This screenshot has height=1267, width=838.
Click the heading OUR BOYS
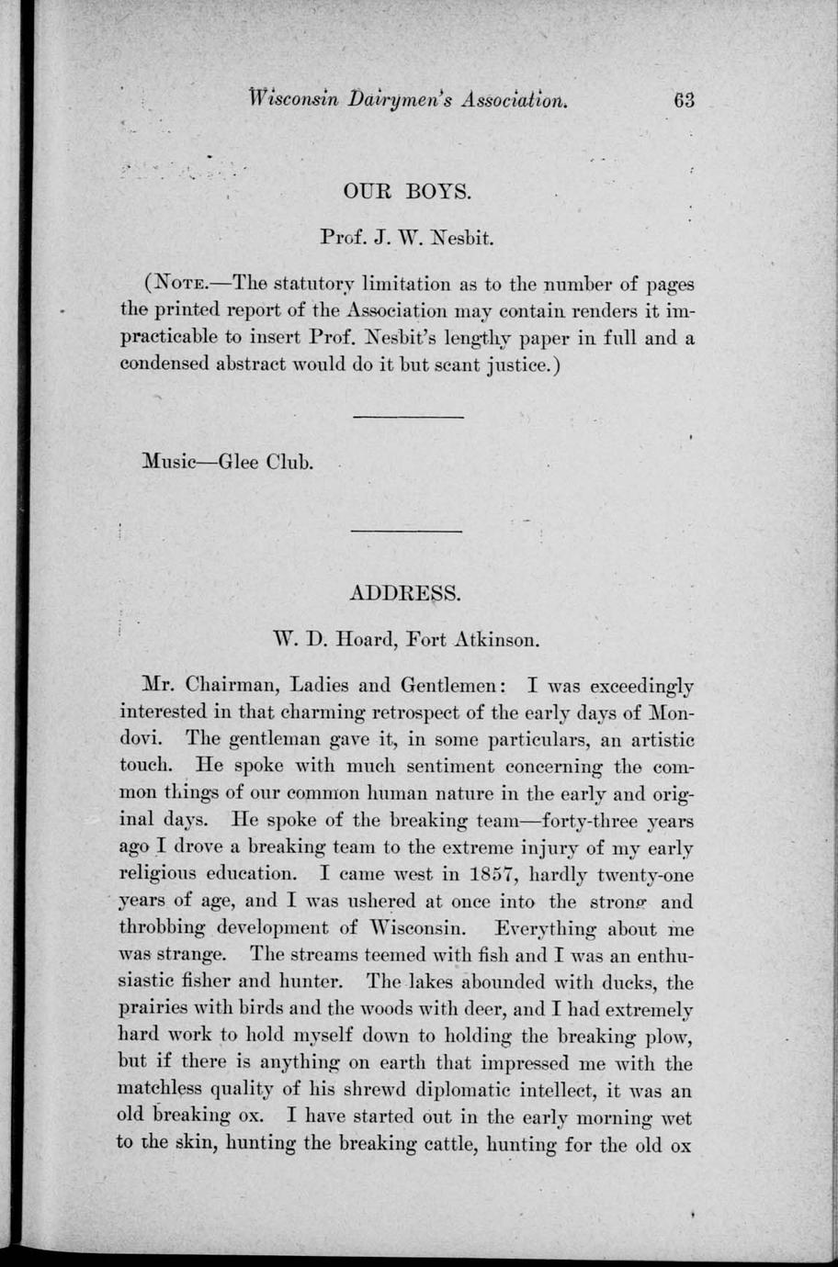406,193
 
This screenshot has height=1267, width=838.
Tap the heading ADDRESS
405,593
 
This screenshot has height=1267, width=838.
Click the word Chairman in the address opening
234,686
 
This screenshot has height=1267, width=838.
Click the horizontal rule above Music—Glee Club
407,418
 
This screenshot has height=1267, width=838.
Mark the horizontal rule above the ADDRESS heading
407,532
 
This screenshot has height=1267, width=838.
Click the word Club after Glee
289,461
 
